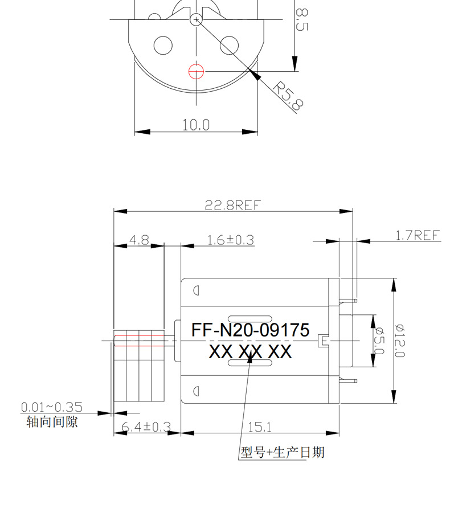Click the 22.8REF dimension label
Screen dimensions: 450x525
(232, 205)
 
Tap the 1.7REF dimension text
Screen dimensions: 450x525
(417, 235)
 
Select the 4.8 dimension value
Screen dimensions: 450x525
(139, 240)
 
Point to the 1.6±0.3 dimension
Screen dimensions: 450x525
(231, 240)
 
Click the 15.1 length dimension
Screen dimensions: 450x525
(260, 427)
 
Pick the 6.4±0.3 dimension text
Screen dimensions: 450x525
(146, 427)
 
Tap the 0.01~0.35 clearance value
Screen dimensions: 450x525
(52, 407)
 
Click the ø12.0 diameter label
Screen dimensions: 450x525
(399, 341)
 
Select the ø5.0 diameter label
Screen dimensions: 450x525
(380, 341)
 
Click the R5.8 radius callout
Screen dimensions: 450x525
(289, 96)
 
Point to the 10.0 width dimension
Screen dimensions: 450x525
(196, 125)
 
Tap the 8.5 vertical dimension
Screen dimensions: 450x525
(302, 19)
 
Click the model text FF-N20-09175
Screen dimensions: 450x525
(250, 330)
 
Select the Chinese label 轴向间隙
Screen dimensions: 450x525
(52, 421)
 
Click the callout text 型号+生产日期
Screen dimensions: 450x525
(283, 452)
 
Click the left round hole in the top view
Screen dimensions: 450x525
(163, 45)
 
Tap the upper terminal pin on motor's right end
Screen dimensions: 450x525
(348, 301)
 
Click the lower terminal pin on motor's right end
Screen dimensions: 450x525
(348, 381)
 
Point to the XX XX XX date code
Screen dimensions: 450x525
(250, 351)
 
